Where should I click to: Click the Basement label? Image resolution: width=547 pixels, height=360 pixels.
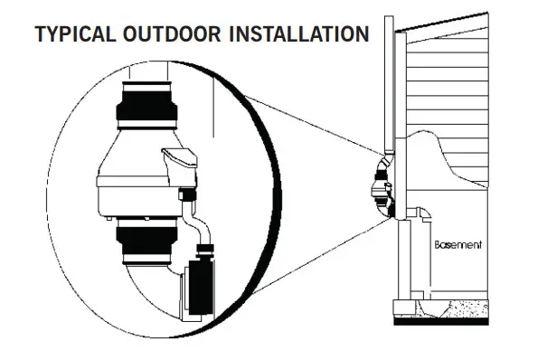tap(457, 245)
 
